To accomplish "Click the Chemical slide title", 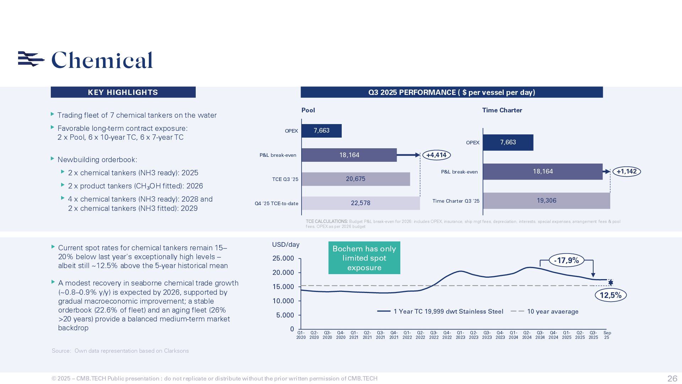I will coord(102,60).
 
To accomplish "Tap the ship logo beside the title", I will coord(31,59).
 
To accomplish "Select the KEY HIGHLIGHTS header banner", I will coord(123,92).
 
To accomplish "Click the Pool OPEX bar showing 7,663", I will coord(321,131).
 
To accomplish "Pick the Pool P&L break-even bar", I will coord(349,155).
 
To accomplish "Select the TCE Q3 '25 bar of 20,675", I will coord(356,179).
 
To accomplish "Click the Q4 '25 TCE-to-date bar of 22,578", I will coord(361,203).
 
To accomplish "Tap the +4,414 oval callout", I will coord(436,155).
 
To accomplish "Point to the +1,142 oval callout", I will coord(627,172).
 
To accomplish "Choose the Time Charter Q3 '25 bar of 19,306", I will coord(546,201).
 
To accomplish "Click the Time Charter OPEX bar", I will coord(508,143).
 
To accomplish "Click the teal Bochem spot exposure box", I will coord(364,258).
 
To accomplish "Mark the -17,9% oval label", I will coord(566,261).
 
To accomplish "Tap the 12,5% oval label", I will coord(610,295).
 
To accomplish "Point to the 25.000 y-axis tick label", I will coord(283,258).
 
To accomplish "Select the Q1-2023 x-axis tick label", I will coord(460,335).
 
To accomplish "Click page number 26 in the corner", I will coord(672,378).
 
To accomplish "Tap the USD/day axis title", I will coord(286,245).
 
